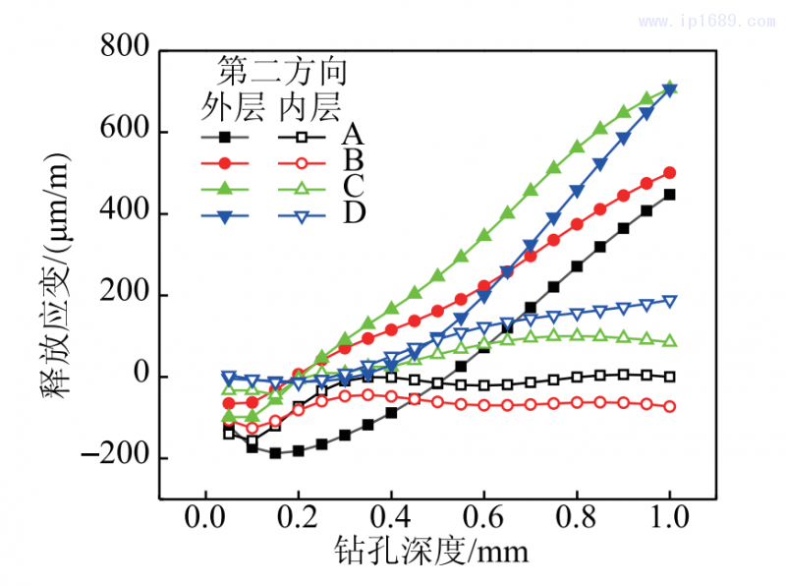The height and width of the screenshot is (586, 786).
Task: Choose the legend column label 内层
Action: (x=309, y=104)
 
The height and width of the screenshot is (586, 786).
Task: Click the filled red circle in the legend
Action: (x=226, y=163)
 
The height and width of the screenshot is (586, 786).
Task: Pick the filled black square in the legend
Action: (x=226, y=138)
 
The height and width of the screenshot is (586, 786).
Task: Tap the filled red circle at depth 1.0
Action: (x=670, y=172)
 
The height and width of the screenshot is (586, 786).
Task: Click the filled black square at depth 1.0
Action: (x=670, y=195)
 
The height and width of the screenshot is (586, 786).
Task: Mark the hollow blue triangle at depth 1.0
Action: (x=670, y=301)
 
